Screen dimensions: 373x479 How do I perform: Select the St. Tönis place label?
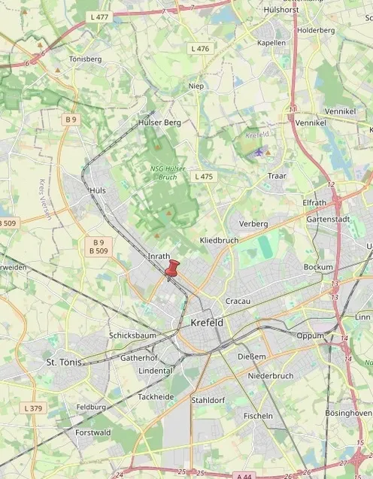62,362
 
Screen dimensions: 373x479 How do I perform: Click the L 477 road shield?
99,16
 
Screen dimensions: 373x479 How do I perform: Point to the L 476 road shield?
201,48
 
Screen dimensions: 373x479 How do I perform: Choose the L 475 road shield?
203,176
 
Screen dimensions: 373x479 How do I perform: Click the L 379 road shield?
34,408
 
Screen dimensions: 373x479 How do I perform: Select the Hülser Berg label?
160,122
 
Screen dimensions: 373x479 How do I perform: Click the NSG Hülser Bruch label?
168,173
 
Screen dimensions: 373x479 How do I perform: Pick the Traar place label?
277,176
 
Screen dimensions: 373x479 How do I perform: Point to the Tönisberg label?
85,59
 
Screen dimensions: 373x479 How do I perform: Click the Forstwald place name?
92,432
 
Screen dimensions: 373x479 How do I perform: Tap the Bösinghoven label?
348,413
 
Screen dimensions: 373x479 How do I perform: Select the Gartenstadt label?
329,219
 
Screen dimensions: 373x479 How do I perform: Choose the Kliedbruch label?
219,240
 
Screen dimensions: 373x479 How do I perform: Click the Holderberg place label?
316,30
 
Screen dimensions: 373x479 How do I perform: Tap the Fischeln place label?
259,415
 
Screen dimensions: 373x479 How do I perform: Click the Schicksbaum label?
132,335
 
